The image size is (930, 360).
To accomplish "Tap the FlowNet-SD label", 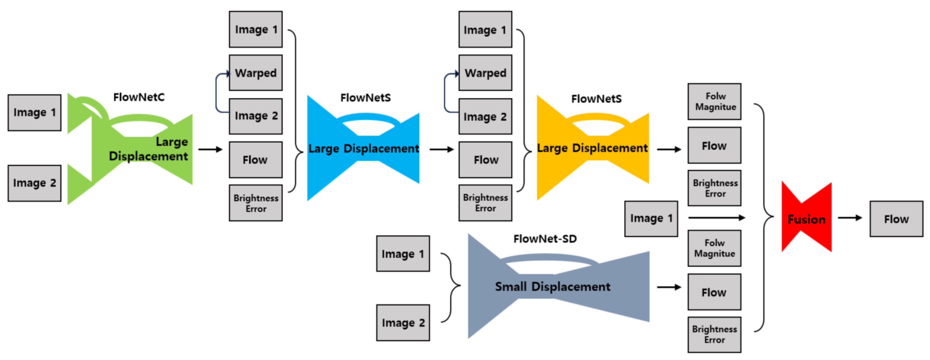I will [x=545, y=239].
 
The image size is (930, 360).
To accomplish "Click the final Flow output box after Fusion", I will [x=896, y=219].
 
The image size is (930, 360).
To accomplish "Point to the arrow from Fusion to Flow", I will [x=850, y=218].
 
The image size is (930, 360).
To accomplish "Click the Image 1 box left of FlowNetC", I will [x=35, y=113].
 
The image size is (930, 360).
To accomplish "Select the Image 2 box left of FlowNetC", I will [x=35, y=183].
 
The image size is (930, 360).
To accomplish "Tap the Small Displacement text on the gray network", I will [x=552, y=287].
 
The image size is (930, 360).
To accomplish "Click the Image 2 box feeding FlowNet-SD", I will [x=403, y=322].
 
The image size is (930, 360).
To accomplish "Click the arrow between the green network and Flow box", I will [x=210, y=149].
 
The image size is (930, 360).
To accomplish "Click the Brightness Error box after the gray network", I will [x=714, y=334].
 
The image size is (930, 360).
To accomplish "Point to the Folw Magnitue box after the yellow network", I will [x=714, y=102].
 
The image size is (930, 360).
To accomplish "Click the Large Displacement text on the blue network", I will [x=363, y=148].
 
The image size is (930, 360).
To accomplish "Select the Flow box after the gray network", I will [x=714, y=292].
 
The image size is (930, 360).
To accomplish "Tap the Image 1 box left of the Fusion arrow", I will [x=651, y=218].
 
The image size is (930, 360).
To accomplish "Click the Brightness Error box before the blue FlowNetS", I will [x=256, y=203].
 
